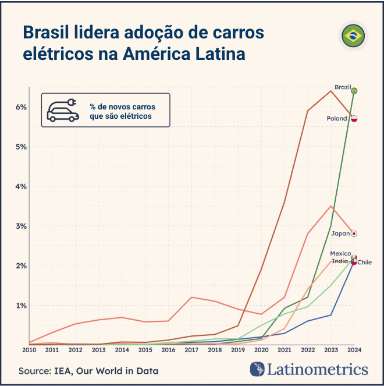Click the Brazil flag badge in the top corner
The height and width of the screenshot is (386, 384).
click(353, 37)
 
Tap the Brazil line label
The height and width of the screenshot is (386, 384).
click(343, 87)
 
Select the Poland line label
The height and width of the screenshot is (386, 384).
click(337, 119)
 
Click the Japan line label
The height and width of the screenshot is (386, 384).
click(340, 233)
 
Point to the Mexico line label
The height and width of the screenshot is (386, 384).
click(340, 254)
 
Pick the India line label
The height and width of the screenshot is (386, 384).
click(340, 261)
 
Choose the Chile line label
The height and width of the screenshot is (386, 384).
click(365, 263)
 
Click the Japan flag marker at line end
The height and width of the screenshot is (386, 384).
click(354, 233)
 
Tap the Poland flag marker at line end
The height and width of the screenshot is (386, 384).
click(354, 119)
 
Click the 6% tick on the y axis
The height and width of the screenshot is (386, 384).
click(22, 107)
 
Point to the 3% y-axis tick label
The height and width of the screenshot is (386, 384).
click(22, 226)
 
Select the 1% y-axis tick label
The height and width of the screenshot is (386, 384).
click(22, 305)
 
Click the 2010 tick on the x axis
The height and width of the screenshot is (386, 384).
click(29, 350)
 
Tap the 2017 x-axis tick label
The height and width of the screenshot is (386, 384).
click(191, 350)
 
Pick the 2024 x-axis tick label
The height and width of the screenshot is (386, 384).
click(354, 350)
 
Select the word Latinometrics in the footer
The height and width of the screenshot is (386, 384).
click(318, 369)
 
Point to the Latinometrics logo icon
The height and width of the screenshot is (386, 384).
click(257, 369)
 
